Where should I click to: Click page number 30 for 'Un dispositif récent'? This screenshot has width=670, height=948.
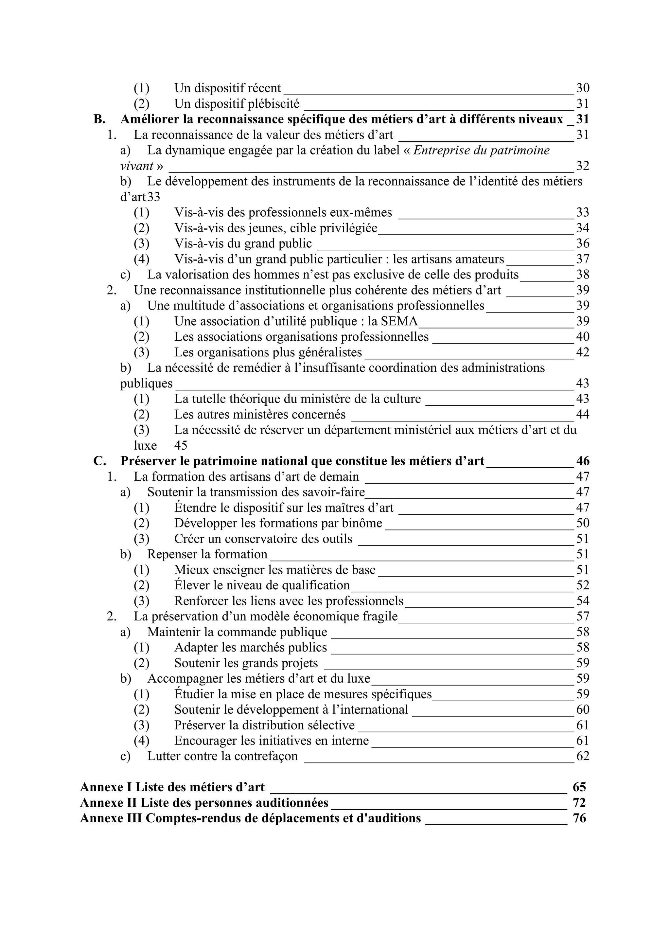(582, 88)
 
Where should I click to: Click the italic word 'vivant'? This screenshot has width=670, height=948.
(137, 166)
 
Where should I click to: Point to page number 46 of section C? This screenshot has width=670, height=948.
(582, 461)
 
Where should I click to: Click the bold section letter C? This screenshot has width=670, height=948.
(99, 461)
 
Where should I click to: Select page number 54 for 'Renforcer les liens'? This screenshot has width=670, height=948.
(582, 601)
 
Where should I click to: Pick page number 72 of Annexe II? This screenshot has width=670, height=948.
(579, 803)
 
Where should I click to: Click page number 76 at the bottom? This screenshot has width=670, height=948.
(579, 818)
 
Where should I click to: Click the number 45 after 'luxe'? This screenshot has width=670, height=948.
(180, 445)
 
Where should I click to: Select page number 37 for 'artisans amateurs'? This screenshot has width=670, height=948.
(582, 259)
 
